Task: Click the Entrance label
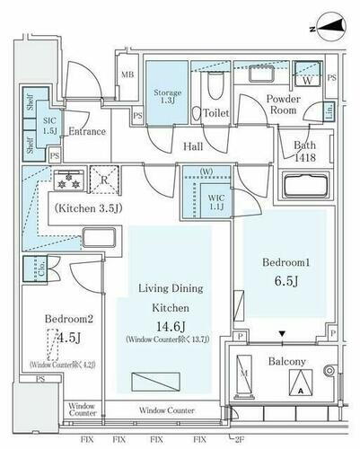tap(87, 131)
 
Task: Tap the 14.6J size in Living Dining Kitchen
tap(165, 326)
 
